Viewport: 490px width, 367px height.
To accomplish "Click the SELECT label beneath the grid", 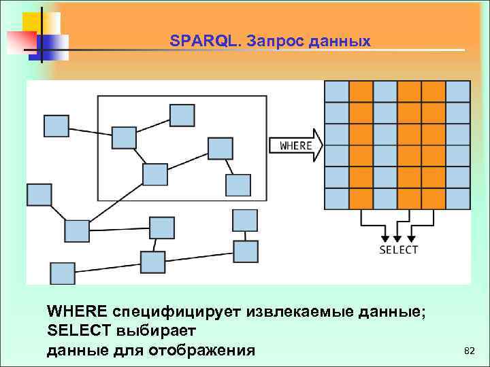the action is point(398,249).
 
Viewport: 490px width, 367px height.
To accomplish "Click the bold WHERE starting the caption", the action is point(77,311).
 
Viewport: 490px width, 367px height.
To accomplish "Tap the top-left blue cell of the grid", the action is point(336,92).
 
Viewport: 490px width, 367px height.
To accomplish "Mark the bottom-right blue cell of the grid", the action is point(458,198).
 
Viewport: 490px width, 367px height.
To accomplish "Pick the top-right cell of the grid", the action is point(458,92).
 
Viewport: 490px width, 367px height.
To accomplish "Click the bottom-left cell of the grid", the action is point(336,198).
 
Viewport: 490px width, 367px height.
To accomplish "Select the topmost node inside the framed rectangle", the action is point(182,115).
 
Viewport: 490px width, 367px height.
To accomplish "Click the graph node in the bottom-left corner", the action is point(63,272).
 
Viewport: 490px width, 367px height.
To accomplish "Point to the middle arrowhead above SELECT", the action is point(398,238).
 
